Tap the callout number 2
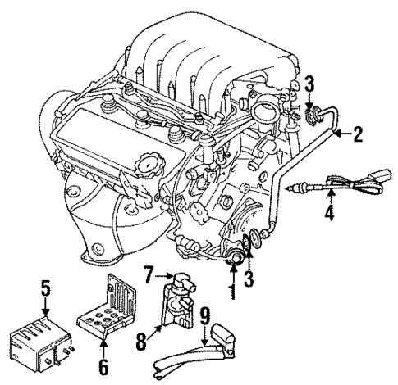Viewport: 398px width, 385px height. [357, 134]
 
